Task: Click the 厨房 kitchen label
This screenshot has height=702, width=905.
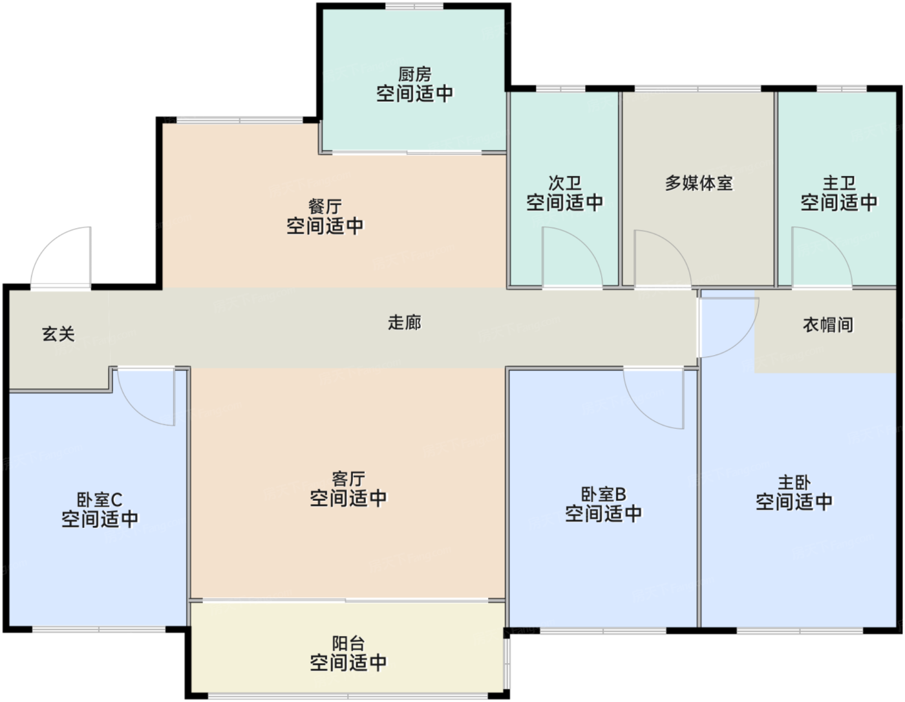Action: [x=414, y=74]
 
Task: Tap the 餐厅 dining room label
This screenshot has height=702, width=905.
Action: [x=325, y=206]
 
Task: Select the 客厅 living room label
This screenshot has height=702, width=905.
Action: [x=348, y=479]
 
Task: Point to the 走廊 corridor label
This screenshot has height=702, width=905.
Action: [x=405, y=322]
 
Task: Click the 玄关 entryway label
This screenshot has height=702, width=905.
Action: [x=58, y=334]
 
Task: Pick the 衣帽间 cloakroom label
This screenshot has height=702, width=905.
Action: [x=828, y=325]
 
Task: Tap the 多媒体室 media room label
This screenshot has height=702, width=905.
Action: [x=698, y=183]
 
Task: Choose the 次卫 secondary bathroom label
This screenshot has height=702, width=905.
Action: [x=565, y=183]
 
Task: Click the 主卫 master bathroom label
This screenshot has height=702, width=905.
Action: [x=839, y=183]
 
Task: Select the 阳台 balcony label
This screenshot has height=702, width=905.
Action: [x=348, y=643]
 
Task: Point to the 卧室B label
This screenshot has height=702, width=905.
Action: [x=604, y=494]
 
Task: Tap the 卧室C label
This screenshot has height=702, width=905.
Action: [x=100, y=499]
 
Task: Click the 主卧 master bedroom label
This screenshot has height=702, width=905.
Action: [x=794, y=482]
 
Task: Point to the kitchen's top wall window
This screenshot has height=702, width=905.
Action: [x=414, y=6]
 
